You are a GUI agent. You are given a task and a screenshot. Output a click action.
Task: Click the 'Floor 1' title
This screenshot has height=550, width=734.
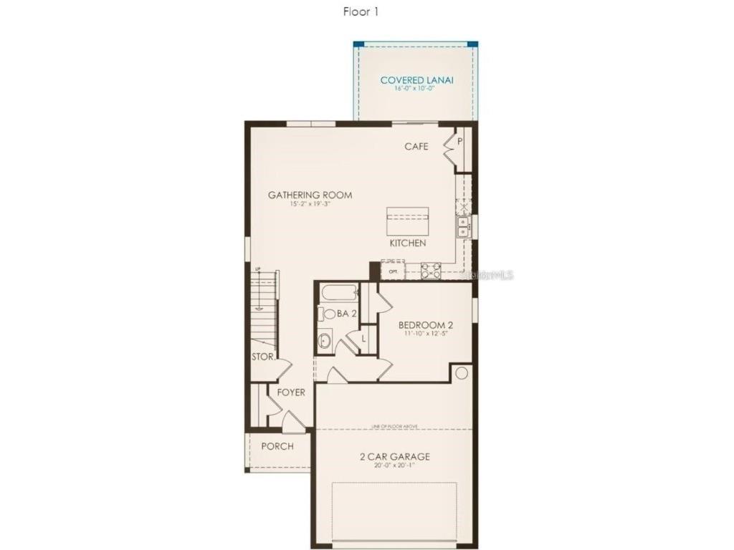pyautogui.click(x=361, y=12)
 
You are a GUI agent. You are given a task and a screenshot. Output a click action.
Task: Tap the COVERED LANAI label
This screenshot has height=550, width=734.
pyautogui.click(x=416, y=80)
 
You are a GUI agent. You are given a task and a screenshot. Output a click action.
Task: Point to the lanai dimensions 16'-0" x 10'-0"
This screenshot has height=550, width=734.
pyautogui.click(x=416, y=89)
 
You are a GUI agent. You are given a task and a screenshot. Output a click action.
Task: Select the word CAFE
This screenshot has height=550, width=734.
pyautogui.click(x=416, y=147)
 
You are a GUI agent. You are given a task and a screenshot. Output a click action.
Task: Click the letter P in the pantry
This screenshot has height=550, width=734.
pyautogui.click(x=459, y=141)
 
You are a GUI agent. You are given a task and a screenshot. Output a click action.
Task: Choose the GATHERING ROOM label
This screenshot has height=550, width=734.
pyautogui.click(x=310, y=195)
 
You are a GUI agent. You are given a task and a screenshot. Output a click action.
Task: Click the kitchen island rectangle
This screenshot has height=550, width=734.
pyautogui.click(x=408, y=221)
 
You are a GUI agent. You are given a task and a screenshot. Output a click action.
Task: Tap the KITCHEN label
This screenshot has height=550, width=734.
pyautogui.click(x=408, y=243)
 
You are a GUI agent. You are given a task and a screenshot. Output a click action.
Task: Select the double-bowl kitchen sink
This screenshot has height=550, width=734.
pyautogui.click(x=463, y=226)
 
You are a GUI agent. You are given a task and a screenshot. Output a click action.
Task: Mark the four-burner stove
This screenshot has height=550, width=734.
pyautogui.click(x=431, y=271)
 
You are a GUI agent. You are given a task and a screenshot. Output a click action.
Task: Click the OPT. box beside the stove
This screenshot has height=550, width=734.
pyautogui.click(x=393, y=272)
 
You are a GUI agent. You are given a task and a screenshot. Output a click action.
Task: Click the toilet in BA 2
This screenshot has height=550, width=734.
pyautogui.click(x=329, y=314)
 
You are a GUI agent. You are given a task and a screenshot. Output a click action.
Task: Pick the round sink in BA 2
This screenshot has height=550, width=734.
pyautogui.click(x=324, y=341)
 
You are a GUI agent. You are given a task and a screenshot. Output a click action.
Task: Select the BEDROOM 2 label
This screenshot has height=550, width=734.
pyautogui.click(x=426, y=324)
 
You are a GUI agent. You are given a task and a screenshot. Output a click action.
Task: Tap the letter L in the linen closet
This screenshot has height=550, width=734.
pyautogui.click(x=363, y=338)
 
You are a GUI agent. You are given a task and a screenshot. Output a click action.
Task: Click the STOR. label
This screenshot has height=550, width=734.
pyautogui.click(x=262, y=357)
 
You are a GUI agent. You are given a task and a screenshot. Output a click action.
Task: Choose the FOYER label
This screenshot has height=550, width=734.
pyautogui.click(x=291, y=392)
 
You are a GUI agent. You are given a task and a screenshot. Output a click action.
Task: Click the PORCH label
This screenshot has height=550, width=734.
pyautogui.click(x=277, y=446)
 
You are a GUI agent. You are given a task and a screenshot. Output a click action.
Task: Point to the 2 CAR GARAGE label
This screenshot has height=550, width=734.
pyautogui.click(x=395, y=456)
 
